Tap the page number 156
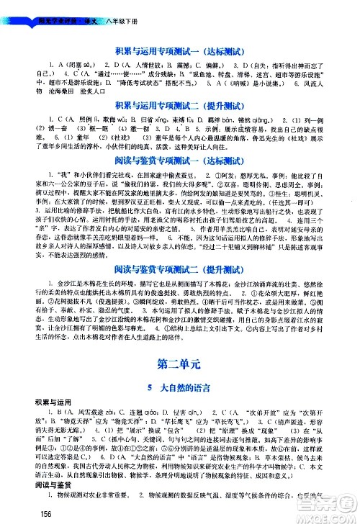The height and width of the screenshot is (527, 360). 50,513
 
